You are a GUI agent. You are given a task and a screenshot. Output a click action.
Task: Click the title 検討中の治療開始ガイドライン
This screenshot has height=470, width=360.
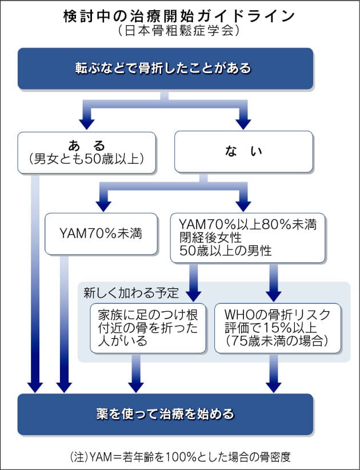pyautogui.click(x=179, y=15)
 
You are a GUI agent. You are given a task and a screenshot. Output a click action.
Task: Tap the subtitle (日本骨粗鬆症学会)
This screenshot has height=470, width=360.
pyautogui.click(x=179, y=31)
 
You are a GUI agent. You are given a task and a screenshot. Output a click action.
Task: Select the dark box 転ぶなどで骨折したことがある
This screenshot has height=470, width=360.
pyautogui.click(x=165, y=69)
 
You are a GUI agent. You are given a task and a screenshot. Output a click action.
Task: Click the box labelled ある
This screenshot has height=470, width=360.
pyautogui.click(x=86, y=152)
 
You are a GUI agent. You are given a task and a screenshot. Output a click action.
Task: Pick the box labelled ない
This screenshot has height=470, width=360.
pyautogui.click(x=243, y=152)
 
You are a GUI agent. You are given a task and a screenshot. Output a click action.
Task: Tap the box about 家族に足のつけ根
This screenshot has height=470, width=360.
pyautogui.click(x=148, y=327)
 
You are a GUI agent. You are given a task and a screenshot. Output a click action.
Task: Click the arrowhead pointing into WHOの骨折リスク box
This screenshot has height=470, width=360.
pyautogui.click(x=274, y=294)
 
